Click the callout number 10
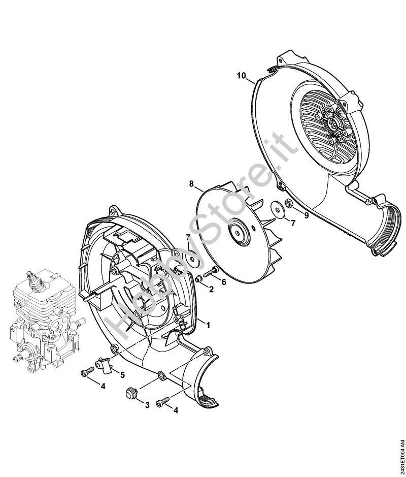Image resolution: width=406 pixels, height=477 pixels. pyautogui.click(x=242, y=76)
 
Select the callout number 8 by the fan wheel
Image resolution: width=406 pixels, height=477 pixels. pyautogui.click(x=191, y=184)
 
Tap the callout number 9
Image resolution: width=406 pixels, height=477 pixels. pyautogui.click(x=307, y=215)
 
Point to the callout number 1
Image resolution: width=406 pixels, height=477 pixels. pyautogui.click(x=208, y=325)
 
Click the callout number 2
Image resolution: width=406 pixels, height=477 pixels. pyautogui.click(x=211, y=289)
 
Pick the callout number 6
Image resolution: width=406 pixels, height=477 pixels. pyautogui.click(x=224, y=282)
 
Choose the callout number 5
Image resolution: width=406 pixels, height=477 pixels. pyautogui.click(x=122, y=375)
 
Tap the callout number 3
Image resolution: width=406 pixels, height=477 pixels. pyautogui.click(x=147, y=405)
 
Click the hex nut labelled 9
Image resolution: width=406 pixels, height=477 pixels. pyautogui.click(x=289, y=203)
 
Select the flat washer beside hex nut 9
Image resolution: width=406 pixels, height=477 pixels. pyautogui.click(x=277, y=209)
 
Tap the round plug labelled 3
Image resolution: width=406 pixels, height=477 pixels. pyautogui.click(x=131, y=393)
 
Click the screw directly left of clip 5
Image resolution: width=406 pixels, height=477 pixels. pyautogui.click(x=87, y=372)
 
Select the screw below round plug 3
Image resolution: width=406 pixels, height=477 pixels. pyautogui.click(x=162, y=401)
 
